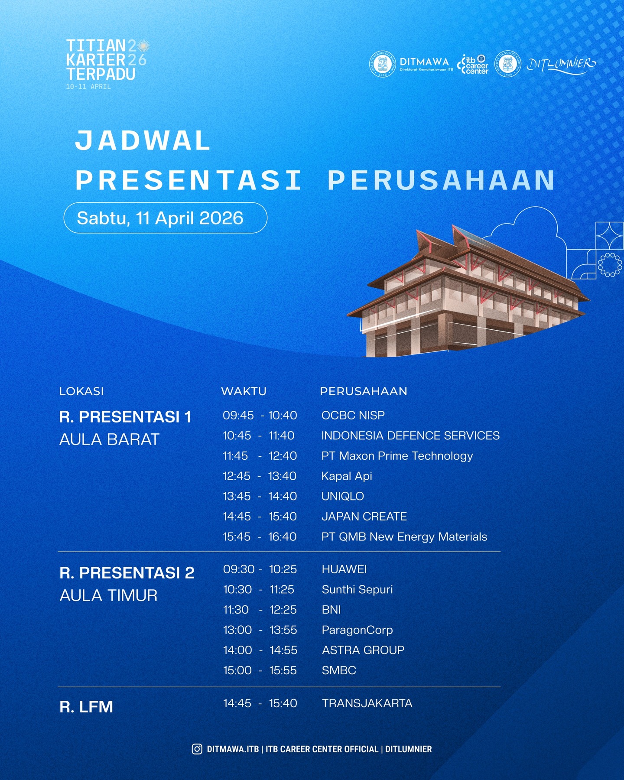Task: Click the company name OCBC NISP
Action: [x=353, y=415]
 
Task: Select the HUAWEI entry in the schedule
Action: [x=344, y=569]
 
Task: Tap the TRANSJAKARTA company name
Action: [x=367, y=703]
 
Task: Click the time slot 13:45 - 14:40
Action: [x=260, y=496]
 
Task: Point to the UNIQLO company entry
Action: [x=342, y=496]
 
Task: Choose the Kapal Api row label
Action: [x=347, y=476]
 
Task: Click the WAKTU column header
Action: [x=244, y=391]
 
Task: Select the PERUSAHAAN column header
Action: [x=364, y=391]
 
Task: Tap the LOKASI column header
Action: [x=81, y=391]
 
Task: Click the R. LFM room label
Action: [x=86, y=707]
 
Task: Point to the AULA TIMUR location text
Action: [x=108, y=595]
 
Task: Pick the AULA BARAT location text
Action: [x=109, y=439]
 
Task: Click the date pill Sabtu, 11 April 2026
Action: [x=165, y=218]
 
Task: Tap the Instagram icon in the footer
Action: [x=197, y=749]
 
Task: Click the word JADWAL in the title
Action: [x=142, y=141]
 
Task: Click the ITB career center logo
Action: [x=473, y=64]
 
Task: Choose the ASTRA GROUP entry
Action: [x=363, y=650]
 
